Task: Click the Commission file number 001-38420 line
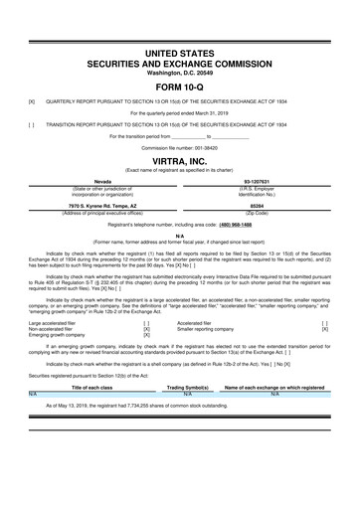179,146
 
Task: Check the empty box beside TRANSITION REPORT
32,124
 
